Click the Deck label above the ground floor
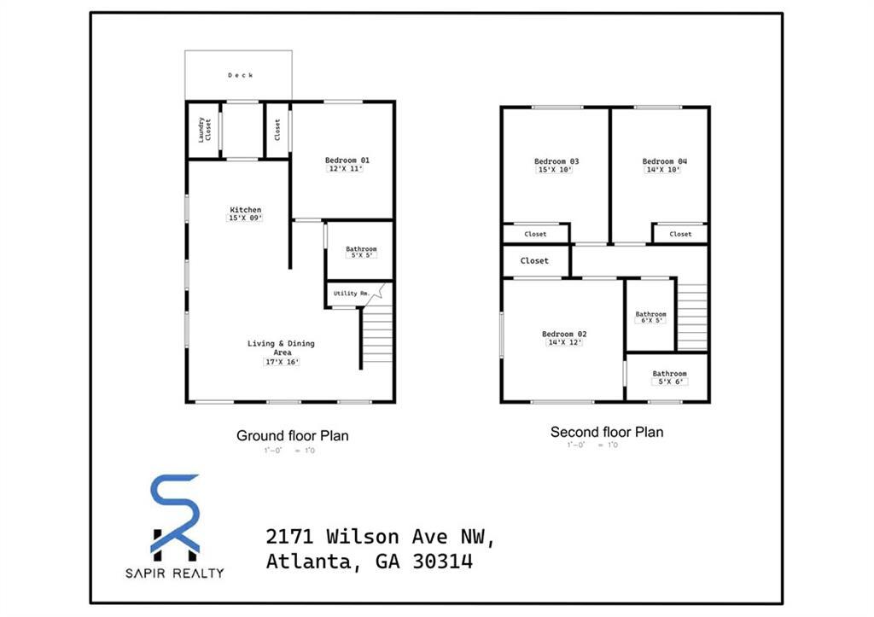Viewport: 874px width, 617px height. pos(240,76)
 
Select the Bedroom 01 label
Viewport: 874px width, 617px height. pos(347,160)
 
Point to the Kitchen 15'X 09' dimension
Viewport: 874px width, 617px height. pos(245,218)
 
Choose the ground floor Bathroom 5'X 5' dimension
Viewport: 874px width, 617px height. pos(360,256)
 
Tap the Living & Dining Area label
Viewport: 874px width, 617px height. pos(281,347)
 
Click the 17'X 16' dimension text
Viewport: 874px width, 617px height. pos(281,362)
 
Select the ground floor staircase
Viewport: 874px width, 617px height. pos(376,337)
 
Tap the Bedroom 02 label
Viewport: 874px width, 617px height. pos(564,334)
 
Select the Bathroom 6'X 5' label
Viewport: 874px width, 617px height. pos(650,314)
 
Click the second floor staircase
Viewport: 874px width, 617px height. pos(692,316)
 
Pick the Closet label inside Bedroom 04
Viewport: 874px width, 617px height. pos(680,234)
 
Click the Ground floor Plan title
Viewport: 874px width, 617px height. pos(292,436)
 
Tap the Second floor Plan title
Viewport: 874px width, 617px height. pos(606,433)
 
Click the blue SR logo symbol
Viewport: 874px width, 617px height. pos(175,513)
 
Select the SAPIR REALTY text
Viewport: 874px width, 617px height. pos(175,573)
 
